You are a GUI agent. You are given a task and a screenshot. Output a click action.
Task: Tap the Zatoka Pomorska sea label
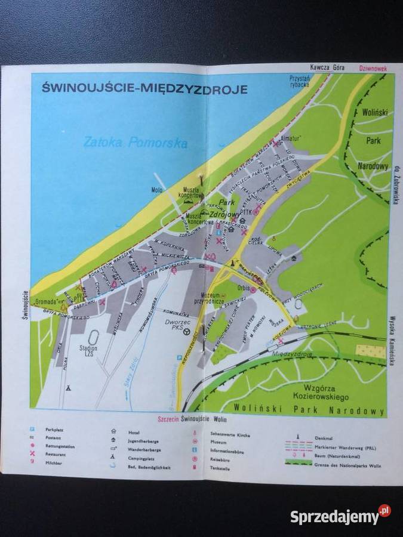[x=136, y=143]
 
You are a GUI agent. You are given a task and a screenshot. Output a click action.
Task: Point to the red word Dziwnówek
[x=373, y=69]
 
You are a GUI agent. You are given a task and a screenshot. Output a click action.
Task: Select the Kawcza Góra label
[x=324, y=67]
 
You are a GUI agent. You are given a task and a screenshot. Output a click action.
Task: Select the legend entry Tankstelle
[x=221, y=468]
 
